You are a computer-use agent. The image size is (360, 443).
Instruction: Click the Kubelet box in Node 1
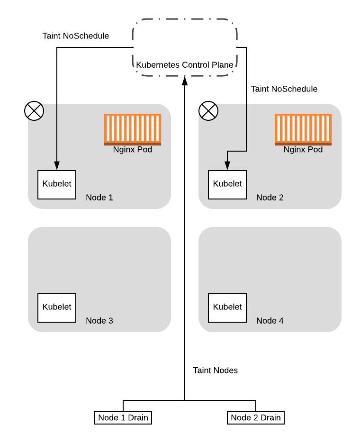pos(57,184)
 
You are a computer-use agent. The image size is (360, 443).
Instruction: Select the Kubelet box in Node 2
pos(227,184)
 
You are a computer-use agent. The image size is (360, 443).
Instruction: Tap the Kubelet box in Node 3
pos(57,307)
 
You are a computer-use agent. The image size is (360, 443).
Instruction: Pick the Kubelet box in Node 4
pos(227,307)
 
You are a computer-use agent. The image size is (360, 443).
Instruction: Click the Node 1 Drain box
pos(123,417)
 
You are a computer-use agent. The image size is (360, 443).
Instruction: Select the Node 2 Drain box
pos(256,417)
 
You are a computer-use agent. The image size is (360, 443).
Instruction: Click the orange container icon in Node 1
pos(133,129)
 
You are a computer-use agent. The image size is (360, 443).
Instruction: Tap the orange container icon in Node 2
pos(303,129)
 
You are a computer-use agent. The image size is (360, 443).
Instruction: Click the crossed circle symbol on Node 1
pos(34,112)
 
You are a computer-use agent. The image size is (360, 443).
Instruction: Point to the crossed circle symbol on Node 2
pos(208,112)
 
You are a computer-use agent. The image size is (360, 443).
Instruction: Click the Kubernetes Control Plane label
pos(185,65)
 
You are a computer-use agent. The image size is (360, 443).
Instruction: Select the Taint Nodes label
pos(216,371)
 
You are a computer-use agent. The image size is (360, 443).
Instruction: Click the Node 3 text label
pos(99,321)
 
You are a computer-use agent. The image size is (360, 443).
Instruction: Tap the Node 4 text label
pos(270,321)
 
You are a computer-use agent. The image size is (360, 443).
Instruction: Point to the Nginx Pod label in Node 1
pos(133,150)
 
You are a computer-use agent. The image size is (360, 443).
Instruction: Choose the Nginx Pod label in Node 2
pos(303,150)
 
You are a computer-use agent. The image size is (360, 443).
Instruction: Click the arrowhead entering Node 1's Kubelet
pos(57,166)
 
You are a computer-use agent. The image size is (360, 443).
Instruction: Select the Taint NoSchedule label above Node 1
pos(76,36)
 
